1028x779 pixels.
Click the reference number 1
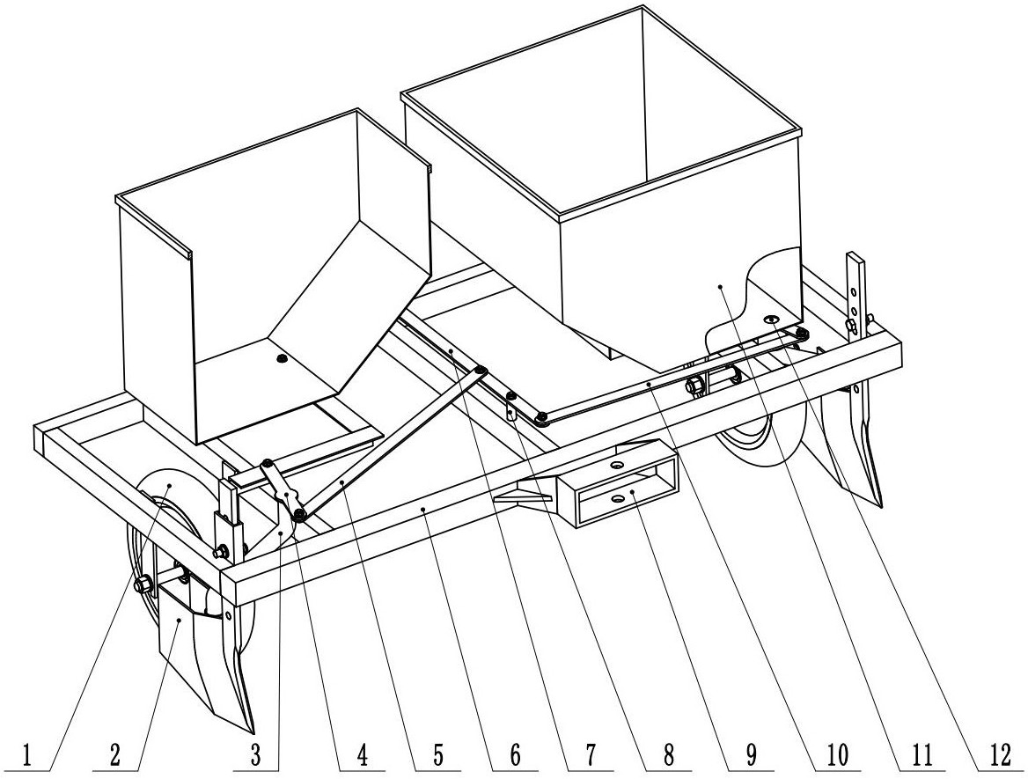[x=27, y=755]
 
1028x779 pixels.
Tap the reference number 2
[x=115, y=755]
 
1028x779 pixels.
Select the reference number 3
[x=255, y=755]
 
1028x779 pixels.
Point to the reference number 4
[x=362, y=755]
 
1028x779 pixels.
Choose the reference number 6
[x=515, y=755]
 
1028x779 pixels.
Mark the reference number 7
[x=591, y=755]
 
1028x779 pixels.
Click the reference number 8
[x=668, y=755]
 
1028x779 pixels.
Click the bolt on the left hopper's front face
[x=283, y=358]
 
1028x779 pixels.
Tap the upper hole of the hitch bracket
[x=616, y=464]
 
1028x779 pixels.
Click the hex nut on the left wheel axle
[x=141, y=584]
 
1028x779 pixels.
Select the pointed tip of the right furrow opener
[x=879, y=505]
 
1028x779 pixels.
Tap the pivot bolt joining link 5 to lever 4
[x=299, y=512]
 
